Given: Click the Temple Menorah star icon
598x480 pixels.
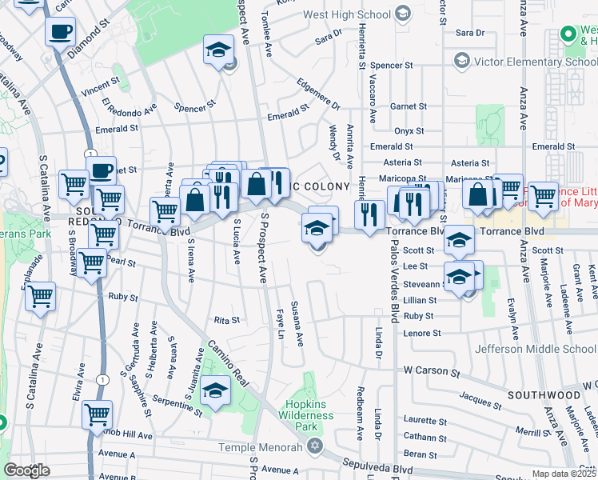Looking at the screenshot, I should pos(315,445).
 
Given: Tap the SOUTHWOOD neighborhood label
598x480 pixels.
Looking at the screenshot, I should pos(544,395).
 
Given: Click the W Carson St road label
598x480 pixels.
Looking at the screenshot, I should pos(433,370).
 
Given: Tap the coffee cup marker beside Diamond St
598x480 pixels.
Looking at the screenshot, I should pos(61,34).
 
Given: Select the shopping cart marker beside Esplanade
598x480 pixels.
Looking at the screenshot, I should pos(40,298).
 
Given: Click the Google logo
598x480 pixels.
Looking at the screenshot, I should pos(26,470).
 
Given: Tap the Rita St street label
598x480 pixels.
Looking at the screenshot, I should pos(226,320).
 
